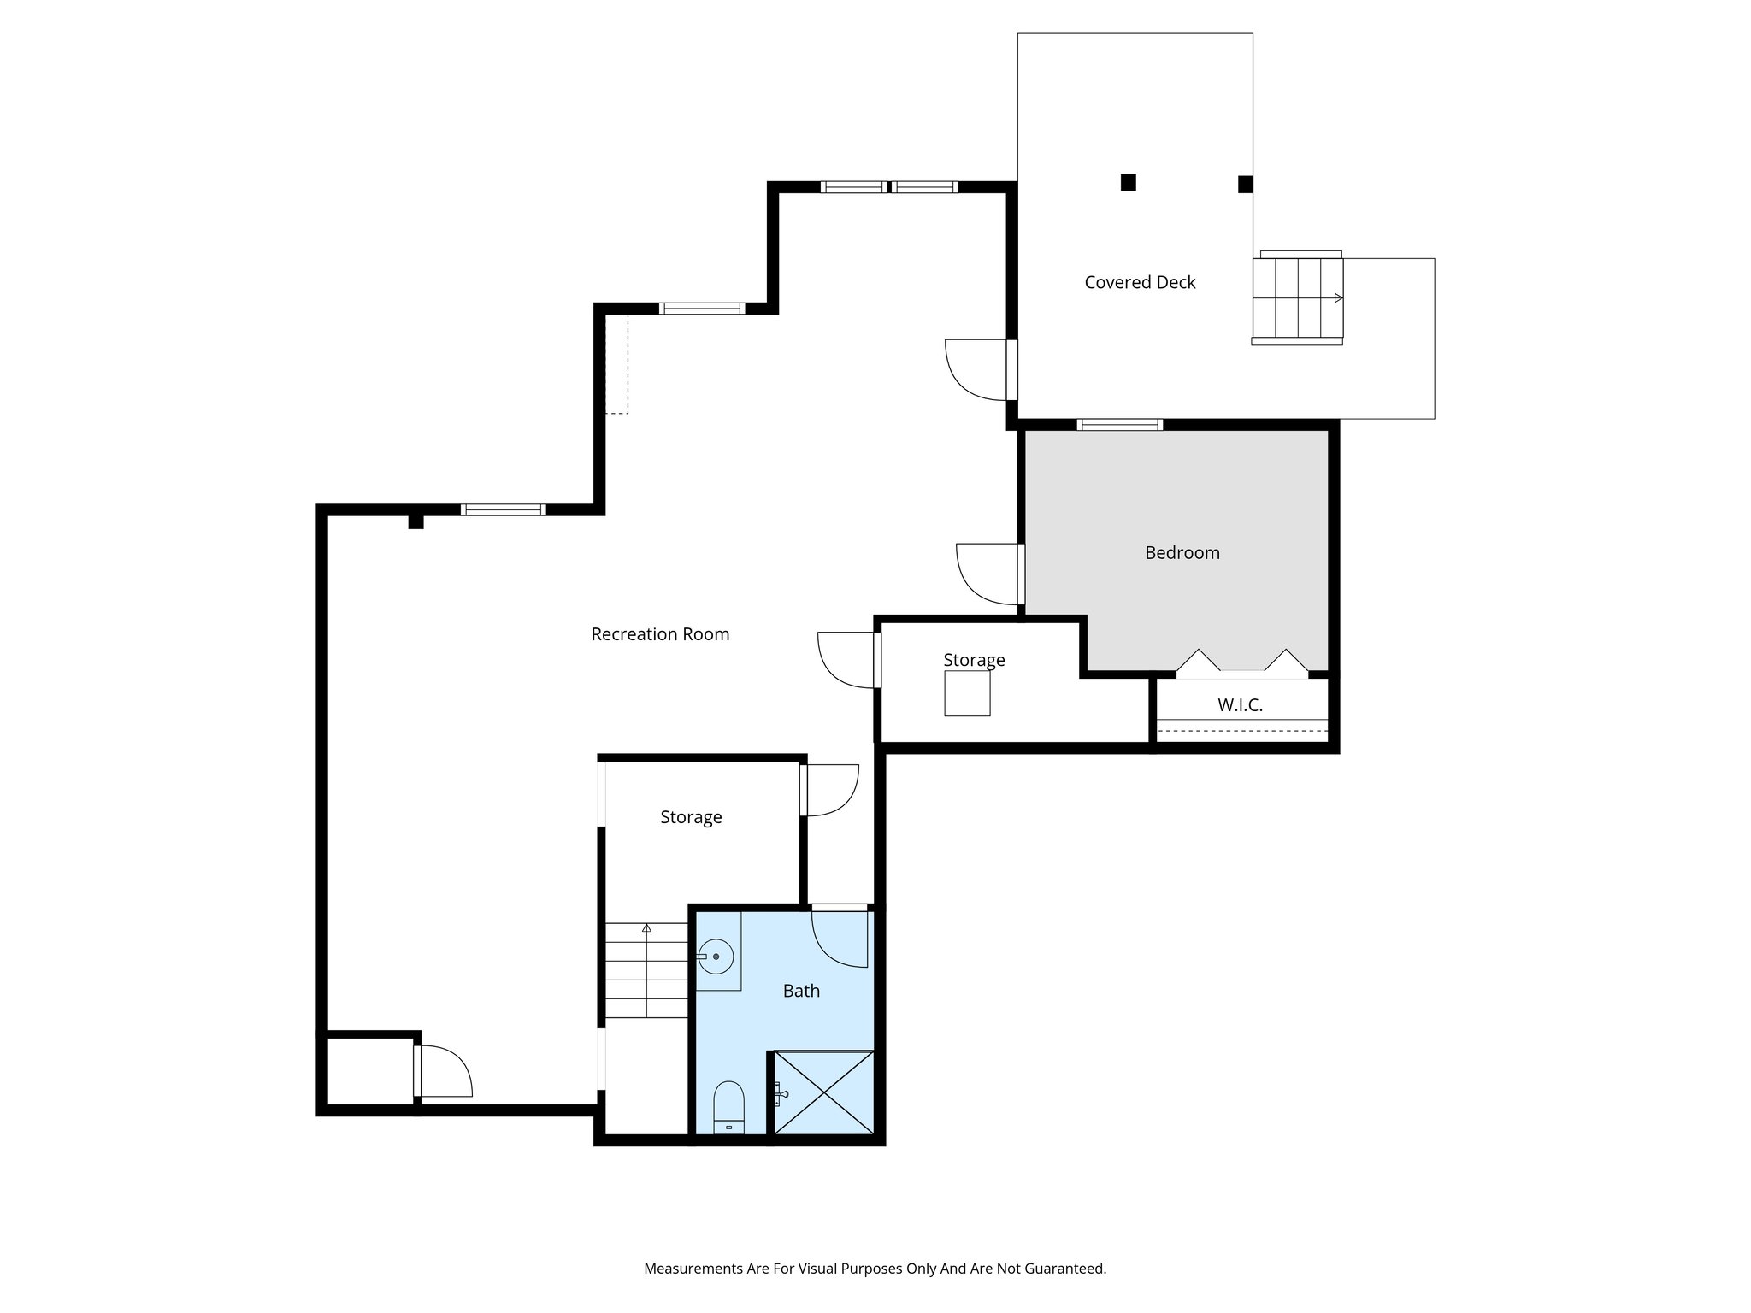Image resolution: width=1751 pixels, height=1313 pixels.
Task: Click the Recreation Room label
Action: [660, 634]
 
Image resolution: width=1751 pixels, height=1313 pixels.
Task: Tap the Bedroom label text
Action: [1182, 553]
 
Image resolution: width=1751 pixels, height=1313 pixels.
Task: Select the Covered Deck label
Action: [1139, 283]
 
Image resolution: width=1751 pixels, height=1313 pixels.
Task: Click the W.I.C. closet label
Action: [1240, 705]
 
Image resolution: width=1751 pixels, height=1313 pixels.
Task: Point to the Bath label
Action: [801, 991]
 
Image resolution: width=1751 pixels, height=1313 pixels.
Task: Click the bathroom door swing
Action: [840, 937]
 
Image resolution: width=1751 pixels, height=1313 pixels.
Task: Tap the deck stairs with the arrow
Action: [1298, 298]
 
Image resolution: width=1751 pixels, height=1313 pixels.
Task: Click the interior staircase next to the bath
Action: [647, 971]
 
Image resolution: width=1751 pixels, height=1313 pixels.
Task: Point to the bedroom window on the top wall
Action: [1119, 425]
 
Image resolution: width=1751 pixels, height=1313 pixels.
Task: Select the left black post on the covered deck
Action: [1128, 182]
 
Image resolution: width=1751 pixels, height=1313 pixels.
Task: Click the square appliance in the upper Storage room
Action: [967, 693]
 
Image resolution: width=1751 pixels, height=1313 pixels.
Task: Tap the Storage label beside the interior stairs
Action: [691, 817]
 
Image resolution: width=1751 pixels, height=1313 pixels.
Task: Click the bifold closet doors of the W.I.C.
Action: [1241, 664]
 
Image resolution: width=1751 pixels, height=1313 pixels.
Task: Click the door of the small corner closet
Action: [443, 1072]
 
